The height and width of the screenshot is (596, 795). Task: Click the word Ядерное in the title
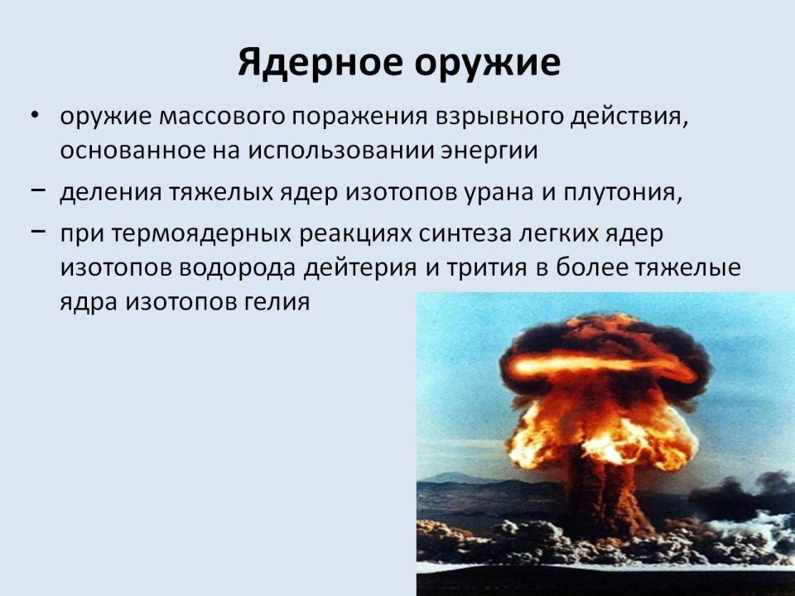tap(321, 62)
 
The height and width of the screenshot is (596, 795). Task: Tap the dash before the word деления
tap(38, 190)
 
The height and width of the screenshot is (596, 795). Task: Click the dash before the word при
tap(38, 231)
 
